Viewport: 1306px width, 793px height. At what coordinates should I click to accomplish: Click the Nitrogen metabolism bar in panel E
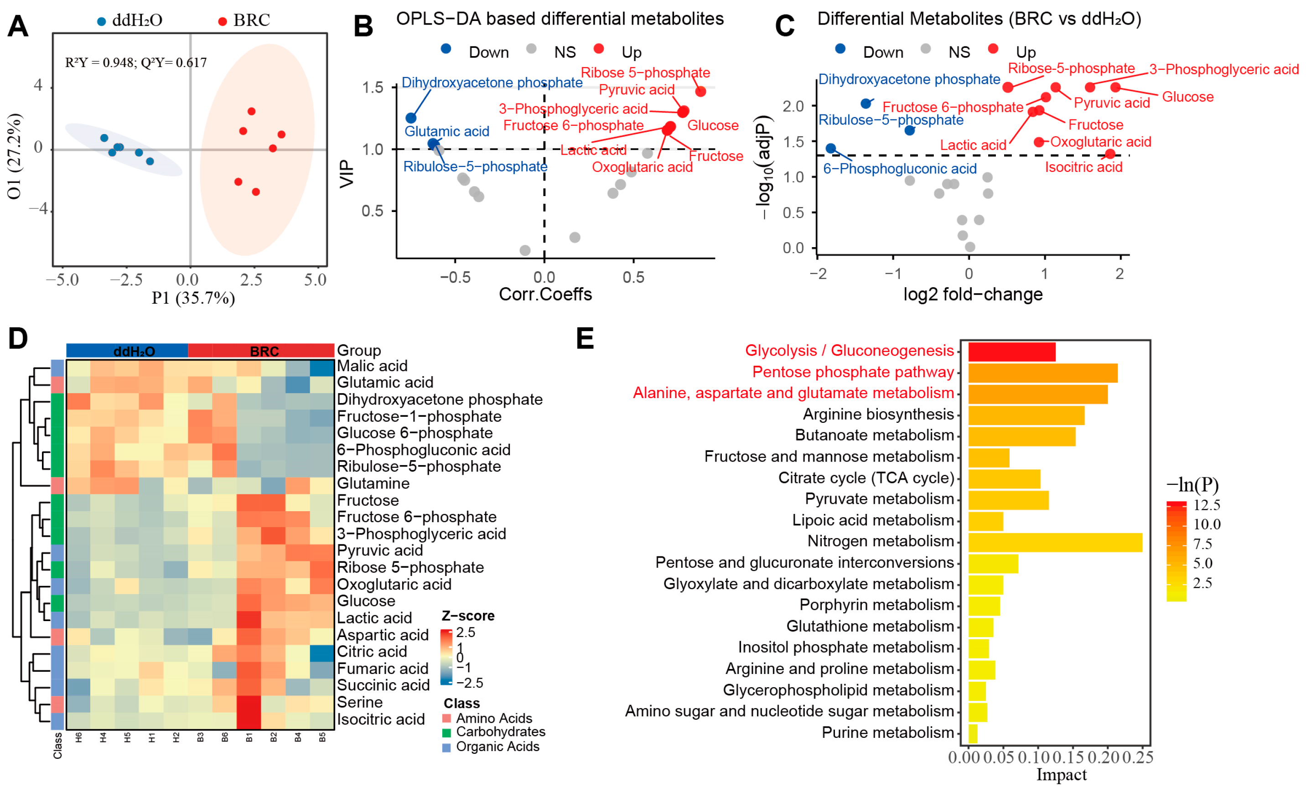point(1055,542)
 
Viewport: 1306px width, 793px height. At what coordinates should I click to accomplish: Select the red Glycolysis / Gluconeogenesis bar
point(1011,352)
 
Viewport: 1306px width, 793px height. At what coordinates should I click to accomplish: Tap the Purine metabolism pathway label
point(887,732)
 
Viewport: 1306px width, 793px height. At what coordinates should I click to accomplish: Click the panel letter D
point(18,338)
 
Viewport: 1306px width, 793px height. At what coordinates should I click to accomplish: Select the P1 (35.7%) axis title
point(193,298)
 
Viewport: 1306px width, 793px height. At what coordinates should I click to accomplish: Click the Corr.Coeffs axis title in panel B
point(545,294)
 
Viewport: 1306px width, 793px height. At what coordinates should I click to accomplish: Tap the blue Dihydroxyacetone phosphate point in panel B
point(411,118)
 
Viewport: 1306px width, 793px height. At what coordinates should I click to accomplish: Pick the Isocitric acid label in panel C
point(1083,167)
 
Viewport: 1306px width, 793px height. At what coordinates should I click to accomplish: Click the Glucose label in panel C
point(1187,97)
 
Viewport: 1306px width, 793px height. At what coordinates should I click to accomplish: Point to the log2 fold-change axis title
point(973,294)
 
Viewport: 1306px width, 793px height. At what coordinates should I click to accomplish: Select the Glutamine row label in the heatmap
point(373,483)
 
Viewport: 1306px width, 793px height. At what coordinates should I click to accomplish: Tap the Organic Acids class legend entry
point(497,746)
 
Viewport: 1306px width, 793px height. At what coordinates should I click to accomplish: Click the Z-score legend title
point(467,616)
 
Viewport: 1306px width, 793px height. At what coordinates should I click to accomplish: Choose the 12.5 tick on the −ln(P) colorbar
point(1206,505)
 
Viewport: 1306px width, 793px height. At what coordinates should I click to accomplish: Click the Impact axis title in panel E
point(1061,774)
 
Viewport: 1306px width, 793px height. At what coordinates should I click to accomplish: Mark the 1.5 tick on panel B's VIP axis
point(372,88)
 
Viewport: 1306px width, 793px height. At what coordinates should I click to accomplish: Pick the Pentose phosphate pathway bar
point(1042,373)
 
